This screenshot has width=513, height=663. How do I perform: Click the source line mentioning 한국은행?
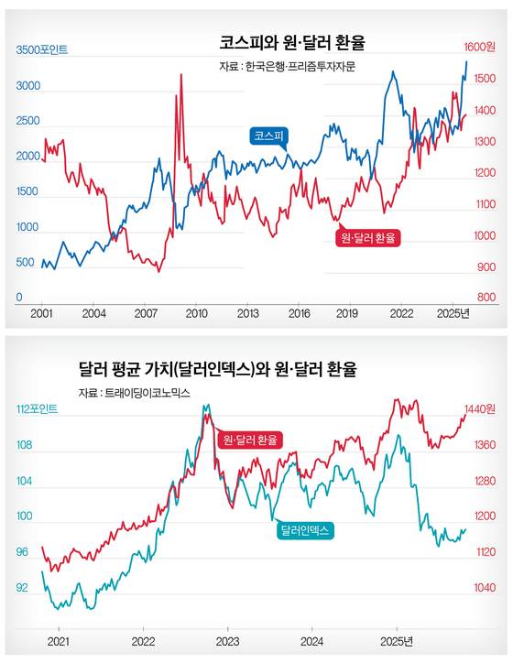(x=287, y=66)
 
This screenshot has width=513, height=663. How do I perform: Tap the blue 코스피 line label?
(x=269, y=136)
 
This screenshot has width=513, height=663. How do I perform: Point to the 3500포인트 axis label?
(x=42, y=49)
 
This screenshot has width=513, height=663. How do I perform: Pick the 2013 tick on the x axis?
(x=247, y=313)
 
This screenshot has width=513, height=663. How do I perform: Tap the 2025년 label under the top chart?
(x=453, y=313)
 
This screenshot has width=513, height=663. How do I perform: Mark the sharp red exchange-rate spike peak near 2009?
(x=180, y=75)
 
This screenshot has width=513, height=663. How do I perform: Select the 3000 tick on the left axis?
(x=29, y=86)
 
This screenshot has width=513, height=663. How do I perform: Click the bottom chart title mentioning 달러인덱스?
(x=218, y=370)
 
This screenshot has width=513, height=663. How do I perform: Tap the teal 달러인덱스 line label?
(x=305, y=529)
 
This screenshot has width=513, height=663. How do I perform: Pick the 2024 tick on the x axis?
(x=311, y=640)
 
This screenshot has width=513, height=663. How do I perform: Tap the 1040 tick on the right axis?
(x=484, y=588)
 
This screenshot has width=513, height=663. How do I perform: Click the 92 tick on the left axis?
(x=23, y=588)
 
